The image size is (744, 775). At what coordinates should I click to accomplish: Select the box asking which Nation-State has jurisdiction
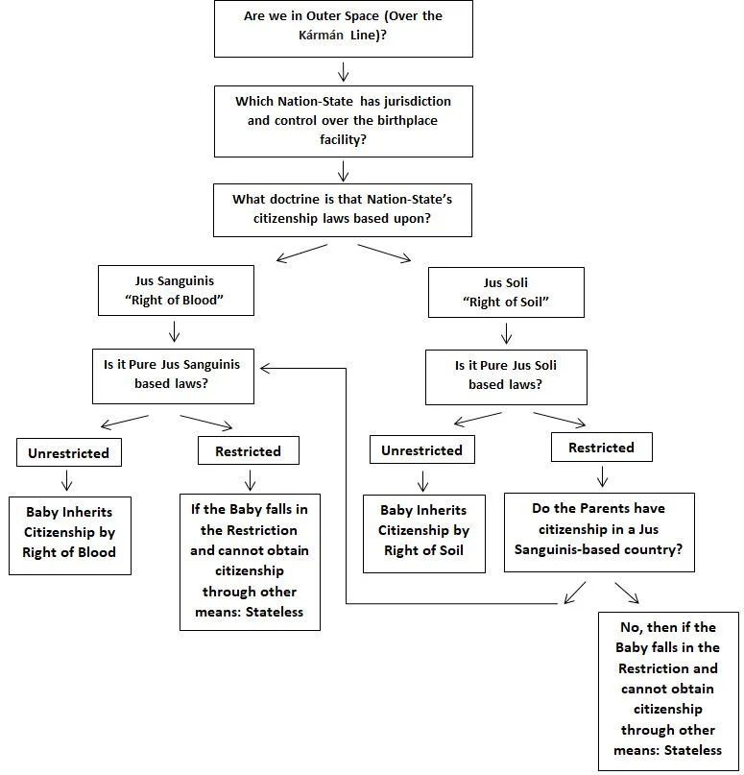point(344,121)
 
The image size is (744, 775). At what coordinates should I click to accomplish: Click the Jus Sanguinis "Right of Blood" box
point(176,290)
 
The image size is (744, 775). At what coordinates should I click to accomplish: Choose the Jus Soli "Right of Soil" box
point(506,292)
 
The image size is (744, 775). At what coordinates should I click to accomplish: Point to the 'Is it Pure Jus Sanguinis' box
point(173,376)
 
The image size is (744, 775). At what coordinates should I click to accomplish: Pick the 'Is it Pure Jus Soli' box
point(506,377)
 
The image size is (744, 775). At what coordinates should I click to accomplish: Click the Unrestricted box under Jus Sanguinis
point(69,452)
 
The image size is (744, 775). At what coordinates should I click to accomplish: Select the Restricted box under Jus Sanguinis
point(249,450)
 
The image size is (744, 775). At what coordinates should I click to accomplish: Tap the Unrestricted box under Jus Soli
point(421,449)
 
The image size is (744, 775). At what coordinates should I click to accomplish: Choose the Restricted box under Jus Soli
point(602,447)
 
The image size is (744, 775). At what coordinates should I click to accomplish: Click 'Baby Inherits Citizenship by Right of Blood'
point(70,535)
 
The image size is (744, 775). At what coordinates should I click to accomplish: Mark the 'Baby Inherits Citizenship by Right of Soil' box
point(424,534)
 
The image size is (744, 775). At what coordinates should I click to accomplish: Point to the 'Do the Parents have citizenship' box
point(599,532)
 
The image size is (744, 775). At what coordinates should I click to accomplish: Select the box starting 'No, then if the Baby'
point(668,691)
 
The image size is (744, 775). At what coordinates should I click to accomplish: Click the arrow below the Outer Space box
point(344,71)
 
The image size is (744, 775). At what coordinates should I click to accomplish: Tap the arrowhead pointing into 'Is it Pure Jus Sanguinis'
point(265,368)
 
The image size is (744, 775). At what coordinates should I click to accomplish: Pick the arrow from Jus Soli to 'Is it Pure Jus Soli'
point(506,333)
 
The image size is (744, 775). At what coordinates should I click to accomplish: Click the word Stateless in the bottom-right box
point(693,750)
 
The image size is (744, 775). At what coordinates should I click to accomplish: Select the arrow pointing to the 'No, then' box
point(627,593)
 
